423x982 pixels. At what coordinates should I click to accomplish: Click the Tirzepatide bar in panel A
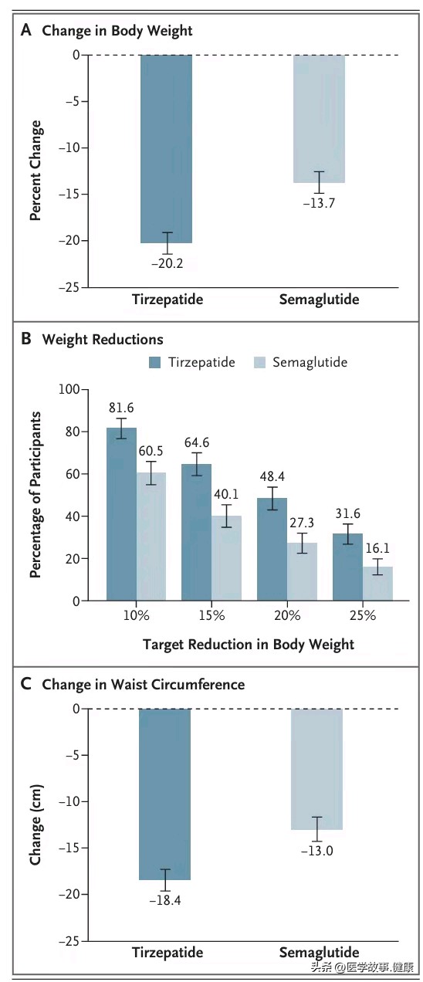(x=166, y=149)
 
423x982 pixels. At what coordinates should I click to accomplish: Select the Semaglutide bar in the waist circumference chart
(x=317, y=769)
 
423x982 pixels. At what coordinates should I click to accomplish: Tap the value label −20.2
(x=167, y=263)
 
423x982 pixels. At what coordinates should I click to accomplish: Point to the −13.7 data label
(x=319, y=203)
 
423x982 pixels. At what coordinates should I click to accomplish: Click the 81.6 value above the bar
(x=121, y=408)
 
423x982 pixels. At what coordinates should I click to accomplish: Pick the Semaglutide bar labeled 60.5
(x=151, y=537)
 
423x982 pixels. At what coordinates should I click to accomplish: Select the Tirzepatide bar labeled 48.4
(x=272, y=550)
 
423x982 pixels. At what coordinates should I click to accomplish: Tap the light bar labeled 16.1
(x=378, y=584)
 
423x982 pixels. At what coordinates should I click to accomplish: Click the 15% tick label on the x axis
(x=211, y=615)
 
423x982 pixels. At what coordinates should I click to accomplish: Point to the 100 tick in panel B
(x=69, y=389)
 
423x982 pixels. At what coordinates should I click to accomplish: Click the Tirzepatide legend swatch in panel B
(x=154, y=363)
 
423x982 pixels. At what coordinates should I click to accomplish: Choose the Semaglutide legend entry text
(x=310, y=362)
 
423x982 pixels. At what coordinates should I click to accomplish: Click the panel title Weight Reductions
(x=103, y=340)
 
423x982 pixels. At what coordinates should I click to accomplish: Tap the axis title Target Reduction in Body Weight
(x=249, y=645)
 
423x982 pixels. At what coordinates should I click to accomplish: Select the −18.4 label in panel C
(x=165, y=900)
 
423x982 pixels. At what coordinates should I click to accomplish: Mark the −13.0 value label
(x=317, y=851)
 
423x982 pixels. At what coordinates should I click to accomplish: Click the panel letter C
(x=26, y=684)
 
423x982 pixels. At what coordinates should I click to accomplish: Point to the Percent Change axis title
(x=36, y=171)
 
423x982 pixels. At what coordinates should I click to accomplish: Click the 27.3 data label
(x=302, y=523)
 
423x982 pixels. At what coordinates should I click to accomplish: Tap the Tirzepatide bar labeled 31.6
(x=347, y=567)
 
